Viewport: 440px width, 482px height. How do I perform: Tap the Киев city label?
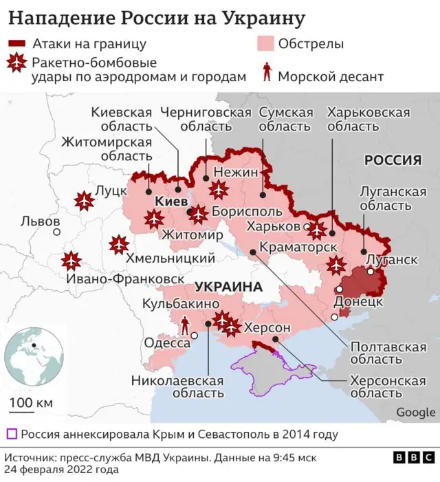[170, 202]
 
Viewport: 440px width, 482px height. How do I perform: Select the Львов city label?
[40, 222]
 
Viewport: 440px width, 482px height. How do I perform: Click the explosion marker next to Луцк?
[85, 201]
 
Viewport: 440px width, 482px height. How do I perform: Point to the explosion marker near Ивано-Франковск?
[71, 261]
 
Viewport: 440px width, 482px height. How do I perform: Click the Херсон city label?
[267, 327]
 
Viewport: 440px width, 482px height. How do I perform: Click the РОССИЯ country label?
[392, 160]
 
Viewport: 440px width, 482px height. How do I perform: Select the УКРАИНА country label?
[229, 286]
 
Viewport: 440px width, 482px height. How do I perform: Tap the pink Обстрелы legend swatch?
[265, 45]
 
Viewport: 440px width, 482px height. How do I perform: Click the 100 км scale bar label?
[31, 402]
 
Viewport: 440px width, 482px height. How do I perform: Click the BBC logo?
[413, 457]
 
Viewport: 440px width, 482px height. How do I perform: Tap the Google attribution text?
[415, 412]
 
